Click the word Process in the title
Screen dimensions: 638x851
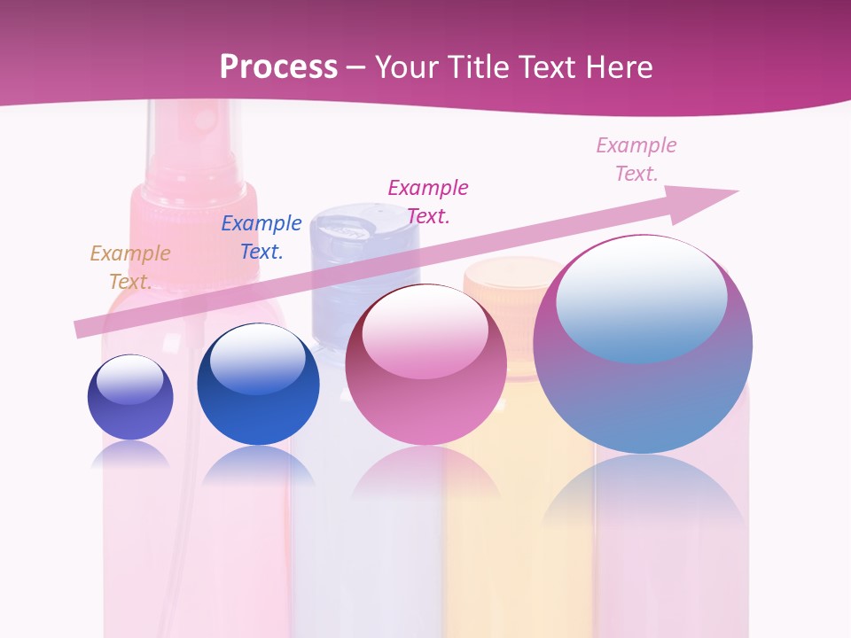coord(278,67)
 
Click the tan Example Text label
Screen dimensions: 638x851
coord(130,267)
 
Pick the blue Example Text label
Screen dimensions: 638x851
coord(262,237)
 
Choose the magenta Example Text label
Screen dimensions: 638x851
coord(428,201)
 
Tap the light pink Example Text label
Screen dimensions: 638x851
coord(636,159)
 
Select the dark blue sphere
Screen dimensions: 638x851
coord(258,385)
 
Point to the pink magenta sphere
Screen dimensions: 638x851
coord(425,365)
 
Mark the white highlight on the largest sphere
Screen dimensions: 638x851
coord(642,297)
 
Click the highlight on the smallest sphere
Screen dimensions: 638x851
coord(130,379)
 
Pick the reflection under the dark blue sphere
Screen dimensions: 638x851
coord(258,465)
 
